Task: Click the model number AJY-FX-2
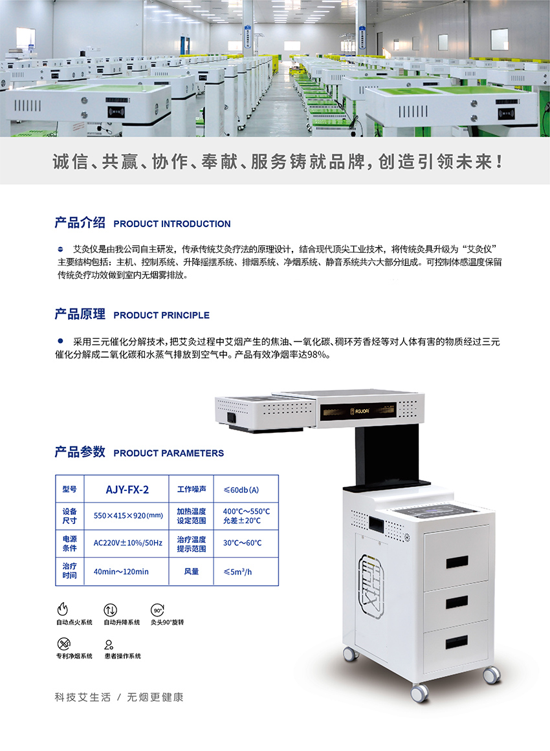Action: pyautogui.click(x=127, y=490)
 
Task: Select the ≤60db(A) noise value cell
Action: pyautogui.click(x=241, y=490)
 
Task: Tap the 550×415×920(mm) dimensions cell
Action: pyautogui.click(x=128, y=516)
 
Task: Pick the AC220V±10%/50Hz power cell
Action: pyautogui.click(x=128, y=543)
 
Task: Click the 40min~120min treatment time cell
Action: pyautogui.click(x=121, y=571)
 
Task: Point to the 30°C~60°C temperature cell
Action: pyautogui.click(x=243, y=543)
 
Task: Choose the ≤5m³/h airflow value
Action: pyautogui.click(x=237, y=571)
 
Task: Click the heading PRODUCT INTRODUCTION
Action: pyautogui.click(x=172, y=224)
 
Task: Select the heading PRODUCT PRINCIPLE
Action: pyautogui.click(x=162, y=315)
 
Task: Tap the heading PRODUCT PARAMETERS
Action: pyautogui.click(x=169, y=453)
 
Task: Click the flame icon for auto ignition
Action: pyautogui.click(x=63, y=609)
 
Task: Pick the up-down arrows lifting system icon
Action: pyautogui.click(x=110, y=610)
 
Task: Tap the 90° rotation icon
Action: pyautogui.click(x=158, y=610)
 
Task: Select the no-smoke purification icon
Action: pyautogui.click(x=63, y=643)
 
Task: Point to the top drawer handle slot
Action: pyautogui.click(x=457, y=562)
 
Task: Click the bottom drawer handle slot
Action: pyautogui.click(x=457, y=642)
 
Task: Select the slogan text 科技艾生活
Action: pyautogui.click(x=83, y=697)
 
